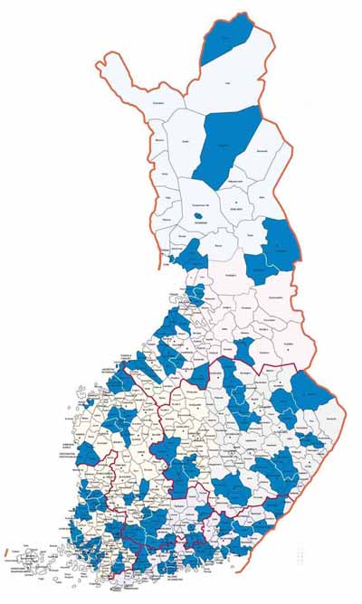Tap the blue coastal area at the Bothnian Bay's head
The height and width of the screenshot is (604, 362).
point(191,258)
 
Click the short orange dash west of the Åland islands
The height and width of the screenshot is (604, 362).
point(7,548)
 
